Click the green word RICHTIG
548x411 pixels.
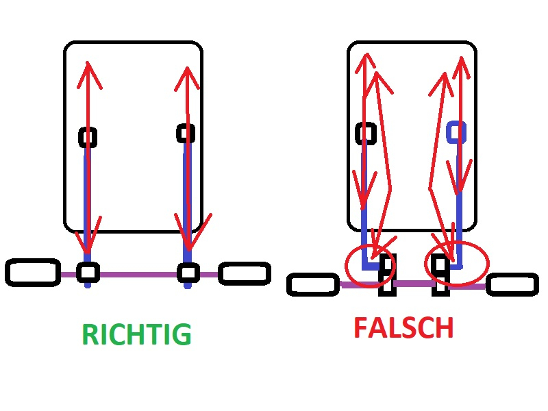136,335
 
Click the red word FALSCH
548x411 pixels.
403,328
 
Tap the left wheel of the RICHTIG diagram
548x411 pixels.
32,272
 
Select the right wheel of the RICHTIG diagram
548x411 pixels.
244,273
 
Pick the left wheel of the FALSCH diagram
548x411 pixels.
314,284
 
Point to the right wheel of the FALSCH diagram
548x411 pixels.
512,284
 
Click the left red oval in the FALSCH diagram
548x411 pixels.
371,264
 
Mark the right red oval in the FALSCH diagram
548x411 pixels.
457,262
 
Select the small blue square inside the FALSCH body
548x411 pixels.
457,132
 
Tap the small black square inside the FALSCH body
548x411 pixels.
366,134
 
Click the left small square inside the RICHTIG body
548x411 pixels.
88,138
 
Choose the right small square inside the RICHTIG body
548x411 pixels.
186,132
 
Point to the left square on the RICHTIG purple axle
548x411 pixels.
88,273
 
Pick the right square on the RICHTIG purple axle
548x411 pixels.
188,272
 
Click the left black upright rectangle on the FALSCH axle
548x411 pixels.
388,275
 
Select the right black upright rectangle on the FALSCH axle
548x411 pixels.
440,275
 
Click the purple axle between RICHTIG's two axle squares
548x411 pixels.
137,273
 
